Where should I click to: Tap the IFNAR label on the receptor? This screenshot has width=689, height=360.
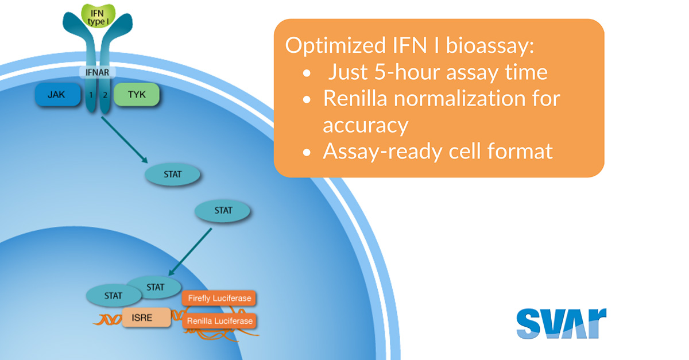pyautogui.click(x=97, y=73)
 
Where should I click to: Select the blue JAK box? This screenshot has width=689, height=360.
pyautogui.click(x=57, y=95)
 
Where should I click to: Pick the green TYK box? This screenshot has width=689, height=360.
pyautogui.click(x=137, y=95)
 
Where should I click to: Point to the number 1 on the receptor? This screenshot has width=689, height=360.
pyautogui.click(x=90, y=95)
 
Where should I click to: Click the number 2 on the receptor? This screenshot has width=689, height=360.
pyautogui.click(x=104, y=95)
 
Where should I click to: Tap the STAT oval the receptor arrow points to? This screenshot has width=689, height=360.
pyautogui.click(x=172, y=174)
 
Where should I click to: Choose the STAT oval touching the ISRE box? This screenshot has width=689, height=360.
pyautogui.click(x=113, y=296)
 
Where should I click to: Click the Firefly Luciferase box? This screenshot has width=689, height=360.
pyautogui.click(x=219, y=299)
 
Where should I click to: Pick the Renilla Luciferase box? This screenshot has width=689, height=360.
pyautogui.click(x=219, y=321)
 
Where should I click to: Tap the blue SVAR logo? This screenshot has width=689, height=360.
pyautogui.click(x=561, y=323)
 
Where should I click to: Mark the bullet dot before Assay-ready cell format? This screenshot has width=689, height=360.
pyautogui.click(x=308, y=152)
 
